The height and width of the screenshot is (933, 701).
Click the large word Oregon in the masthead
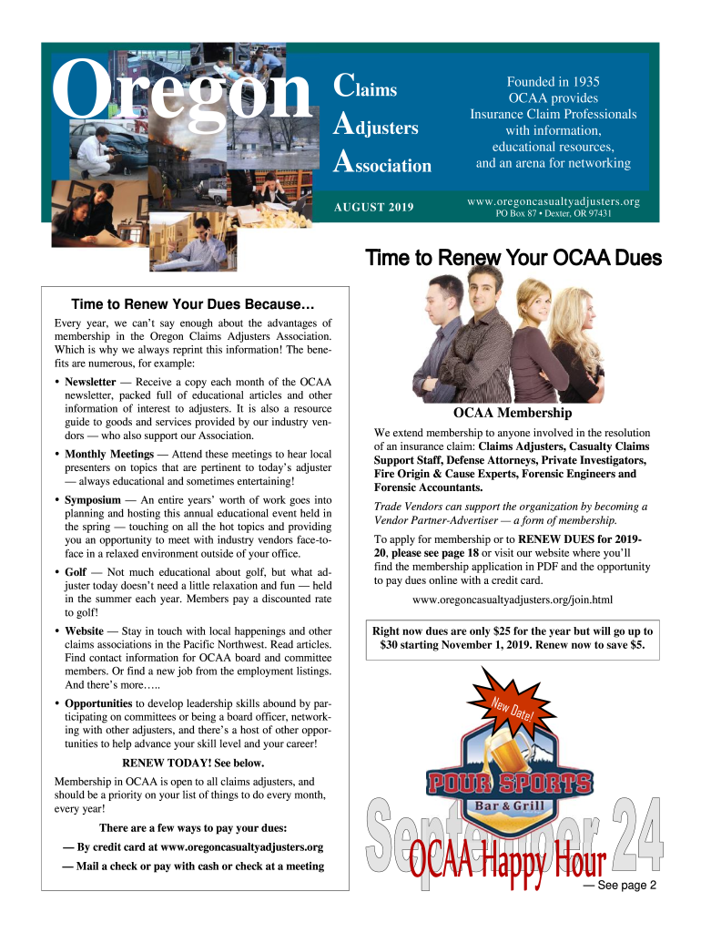[x=182, y=91]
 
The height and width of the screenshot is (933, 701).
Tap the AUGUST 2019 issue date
[x=373, y=209]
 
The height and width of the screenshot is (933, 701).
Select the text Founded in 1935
[x=553, y=82]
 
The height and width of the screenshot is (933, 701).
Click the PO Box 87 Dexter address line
[x=553, y=214]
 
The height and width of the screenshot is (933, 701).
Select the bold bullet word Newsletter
[x=90, y=382]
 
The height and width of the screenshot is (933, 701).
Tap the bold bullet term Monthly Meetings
[x=108, y=454]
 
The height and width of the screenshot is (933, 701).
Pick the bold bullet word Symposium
[x=92, y=500]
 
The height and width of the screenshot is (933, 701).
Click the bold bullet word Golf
[x=75, y=572]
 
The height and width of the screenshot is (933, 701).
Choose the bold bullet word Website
[x=84, y=631]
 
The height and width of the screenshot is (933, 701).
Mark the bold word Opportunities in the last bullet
[x=98, y=703]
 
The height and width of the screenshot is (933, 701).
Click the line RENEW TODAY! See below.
[x=193, y=764]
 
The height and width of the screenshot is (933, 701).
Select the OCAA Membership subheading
[x=513, y=414]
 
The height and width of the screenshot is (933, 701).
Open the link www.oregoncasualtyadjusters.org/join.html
[x=513, y=600]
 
